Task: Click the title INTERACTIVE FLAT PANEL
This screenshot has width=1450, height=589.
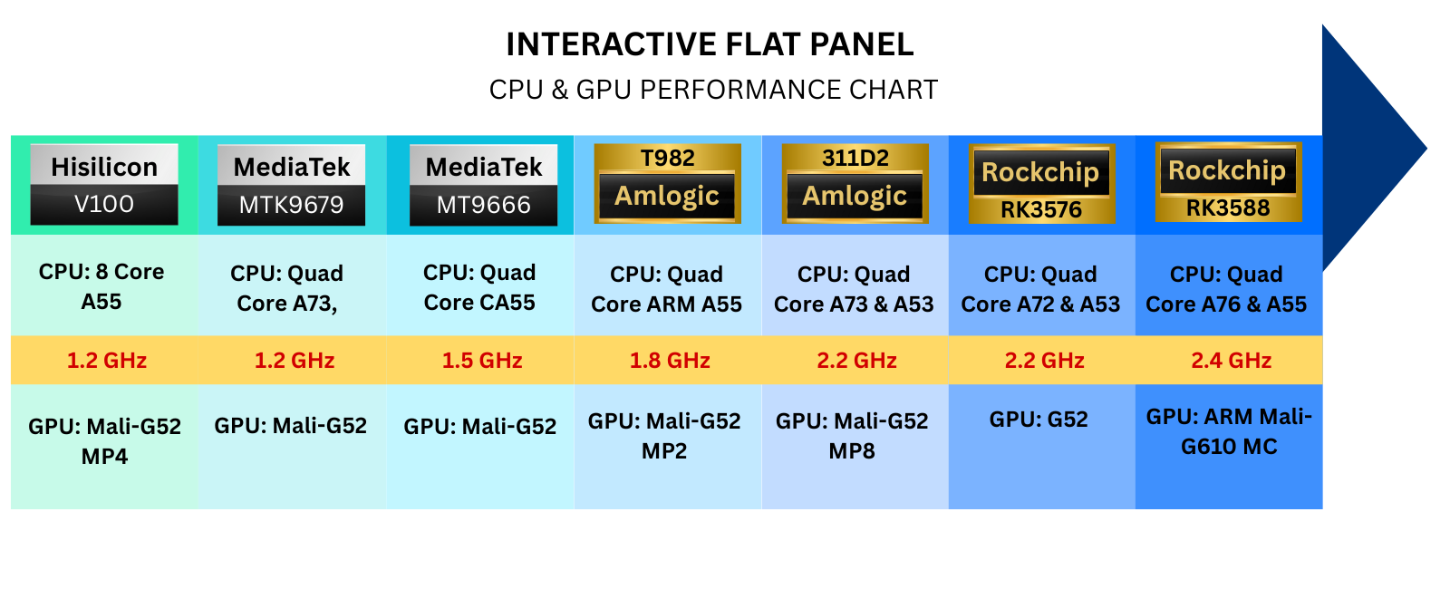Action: click(x=710, y=44)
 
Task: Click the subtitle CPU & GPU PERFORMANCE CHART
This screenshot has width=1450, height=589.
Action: click(x=713, y=90)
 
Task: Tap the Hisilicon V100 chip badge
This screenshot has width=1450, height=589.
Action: click(x=104, y=185)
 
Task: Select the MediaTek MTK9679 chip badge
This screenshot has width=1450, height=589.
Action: click(x=292, y=185)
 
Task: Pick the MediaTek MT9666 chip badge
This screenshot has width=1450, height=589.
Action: click(x=484, y=185)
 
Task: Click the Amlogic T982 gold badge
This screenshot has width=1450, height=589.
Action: click(x=668, y=183)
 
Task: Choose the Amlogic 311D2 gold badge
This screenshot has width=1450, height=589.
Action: click(x=855, y=183)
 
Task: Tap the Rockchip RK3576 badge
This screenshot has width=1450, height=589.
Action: click(x=1041, y=184)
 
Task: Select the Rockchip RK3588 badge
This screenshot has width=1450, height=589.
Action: click(x=1228, y=182)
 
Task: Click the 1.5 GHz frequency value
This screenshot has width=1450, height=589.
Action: click(x=482, y=361)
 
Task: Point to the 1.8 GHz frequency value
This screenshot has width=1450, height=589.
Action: click(x=670, y=361)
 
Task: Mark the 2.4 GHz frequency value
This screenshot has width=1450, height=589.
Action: click(x=1232, y=361)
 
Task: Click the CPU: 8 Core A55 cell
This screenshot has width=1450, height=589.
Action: click(x=101, y=286)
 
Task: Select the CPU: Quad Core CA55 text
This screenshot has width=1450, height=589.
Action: click(x=479, y=288)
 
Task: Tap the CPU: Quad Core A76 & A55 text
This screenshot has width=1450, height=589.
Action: click(x=1226, y=289)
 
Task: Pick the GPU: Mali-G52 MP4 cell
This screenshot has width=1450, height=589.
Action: click(x=104, y=441)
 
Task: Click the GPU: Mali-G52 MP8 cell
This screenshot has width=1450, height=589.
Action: click(x=852, y=436)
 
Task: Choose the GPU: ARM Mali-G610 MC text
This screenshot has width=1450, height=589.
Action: click(x=1229, y=431)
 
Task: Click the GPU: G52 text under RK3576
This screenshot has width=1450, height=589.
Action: click(x=1039, y=420)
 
